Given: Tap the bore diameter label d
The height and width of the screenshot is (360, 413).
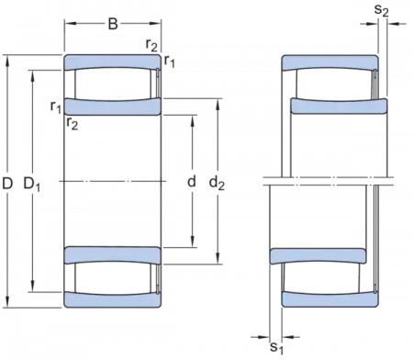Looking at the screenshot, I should [191, 185].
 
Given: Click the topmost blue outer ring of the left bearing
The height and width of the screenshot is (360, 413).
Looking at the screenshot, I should [111, 63].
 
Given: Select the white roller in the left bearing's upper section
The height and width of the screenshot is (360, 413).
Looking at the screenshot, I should [111, 84].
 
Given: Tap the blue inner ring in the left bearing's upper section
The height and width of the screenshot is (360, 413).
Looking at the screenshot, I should [111, 107].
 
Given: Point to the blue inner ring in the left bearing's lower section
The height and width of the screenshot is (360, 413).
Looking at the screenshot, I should [111, 255].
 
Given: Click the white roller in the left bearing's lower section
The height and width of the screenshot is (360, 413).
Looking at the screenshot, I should [111, 277].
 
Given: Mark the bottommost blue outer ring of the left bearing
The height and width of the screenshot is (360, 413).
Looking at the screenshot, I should [111, 298].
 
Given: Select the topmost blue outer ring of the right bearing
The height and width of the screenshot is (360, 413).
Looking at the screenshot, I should [328, 63].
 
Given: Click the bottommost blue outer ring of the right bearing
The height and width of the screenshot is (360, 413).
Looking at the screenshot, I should [328, 298].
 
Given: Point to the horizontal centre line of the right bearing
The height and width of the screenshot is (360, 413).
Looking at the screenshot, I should [321, 185].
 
